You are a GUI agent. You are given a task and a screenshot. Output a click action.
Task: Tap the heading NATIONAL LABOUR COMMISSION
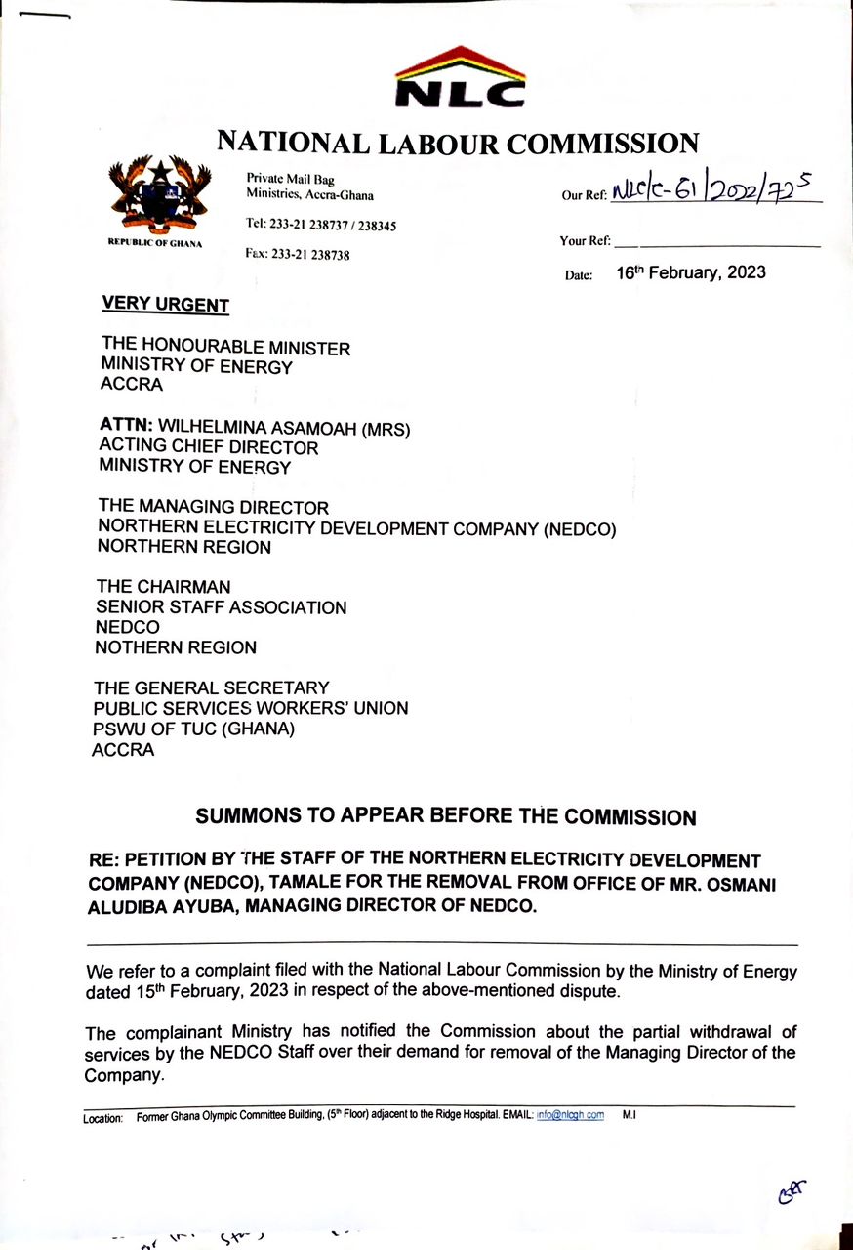pyautogui.click(x=458, y=143)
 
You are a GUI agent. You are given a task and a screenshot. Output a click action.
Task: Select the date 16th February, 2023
pyautogui.click(x=691, y=272)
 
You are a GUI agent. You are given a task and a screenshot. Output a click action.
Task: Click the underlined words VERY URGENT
pyautogui.click(x=165, y=304)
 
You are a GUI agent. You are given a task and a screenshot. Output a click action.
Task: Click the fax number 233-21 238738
pyautogui.click(x=298, y=255)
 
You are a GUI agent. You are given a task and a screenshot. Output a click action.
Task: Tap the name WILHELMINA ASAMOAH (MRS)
pyautogui.click(x=284, y=427)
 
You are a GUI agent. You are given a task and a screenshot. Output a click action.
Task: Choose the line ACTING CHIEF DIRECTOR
pyautogui.click(x=209, y=447)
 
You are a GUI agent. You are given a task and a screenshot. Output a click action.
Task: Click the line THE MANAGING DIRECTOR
pyautogui.click(x=213, y=507)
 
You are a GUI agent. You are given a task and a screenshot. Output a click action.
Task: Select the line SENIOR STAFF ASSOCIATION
pyautogui.click(x=221, y=607)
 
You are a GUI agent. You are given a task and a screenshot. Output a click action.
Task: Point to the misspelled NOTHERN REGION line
pyautogui.click(x=176, y=646)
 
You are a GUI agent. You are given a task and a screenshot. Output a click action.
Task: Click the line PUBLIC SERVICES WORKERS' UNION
pyautogui.click(x=251, y=708)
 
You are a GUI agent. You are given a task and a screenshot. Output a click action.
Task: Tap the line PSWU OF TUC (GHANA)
pyautogui.click(x=193, y=729)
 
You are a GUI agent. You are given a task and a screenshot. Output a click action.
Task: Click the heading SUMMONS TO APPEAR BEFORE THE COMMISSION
pyautogui.click(x=446, y=816)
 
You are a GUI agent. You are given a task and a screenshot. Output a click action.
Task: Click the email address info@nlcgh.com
pyautogui.click(x=570, y=1115)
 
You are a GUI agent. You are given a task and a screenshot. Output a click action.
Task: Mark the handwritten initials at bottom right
pyautogui.click(x=792, y=1191)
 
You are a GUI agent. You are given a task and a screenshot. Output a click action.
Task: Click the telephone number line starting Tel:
pyautogui.click(x=321, y=226)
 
